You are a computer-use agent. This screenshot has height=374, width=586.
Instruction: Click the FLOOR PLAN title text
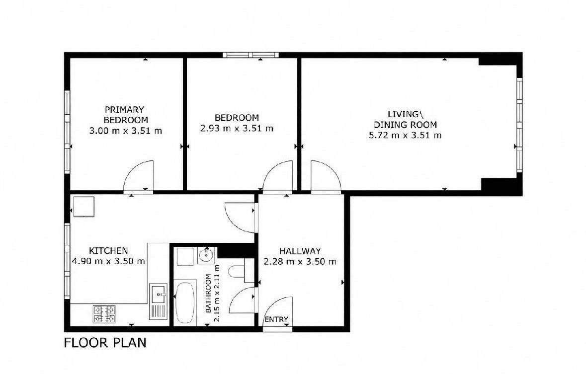click(x=105, y=342)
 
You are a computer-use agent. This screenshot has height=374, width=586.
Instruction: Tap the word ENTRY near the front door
click(x=276, y=319)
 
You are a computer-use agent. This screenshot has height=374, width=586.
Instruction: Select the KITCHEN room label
click(x=108, y=250)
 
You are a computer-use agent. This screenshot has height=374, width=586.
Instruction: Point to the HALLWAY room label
click(x=300, y=251)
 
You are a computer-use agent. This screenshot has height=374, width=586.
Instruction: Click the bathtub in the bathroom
click(x=185, y=302)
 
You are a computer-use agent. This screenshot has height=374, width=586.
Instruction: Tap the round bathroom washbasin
click(x=206, y=256)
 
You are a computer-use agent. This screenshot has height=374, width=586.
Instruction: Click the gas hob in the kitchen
click(x=104, y=314)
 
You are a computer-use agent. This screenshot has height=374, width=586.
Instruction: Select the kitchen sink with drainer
click(x=159, y=301)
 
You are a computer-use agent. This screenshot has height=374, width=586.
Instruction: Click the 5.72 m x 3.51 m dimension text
click(x=405, y=135)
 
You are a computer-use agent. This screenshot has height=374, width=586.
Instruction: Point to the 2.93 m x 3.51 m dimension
click(x=237, y=129)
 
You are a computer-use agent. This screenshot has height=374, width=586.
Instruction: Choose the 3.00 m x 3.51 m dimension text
click(x=126, y=131)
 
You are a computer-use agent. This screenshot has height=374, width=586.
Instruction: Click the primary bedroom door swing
click(x=138, y=177)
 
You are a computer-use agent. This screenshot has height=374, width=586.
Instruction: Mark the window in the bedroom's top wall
click(x=251, y=55)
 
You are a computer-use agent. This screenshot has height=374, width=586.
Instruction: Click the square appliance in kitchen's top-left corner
click(x=84, y=207)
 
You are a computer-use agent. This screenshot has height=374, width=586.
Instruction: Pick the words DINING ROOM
click(x=406, y=125)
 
